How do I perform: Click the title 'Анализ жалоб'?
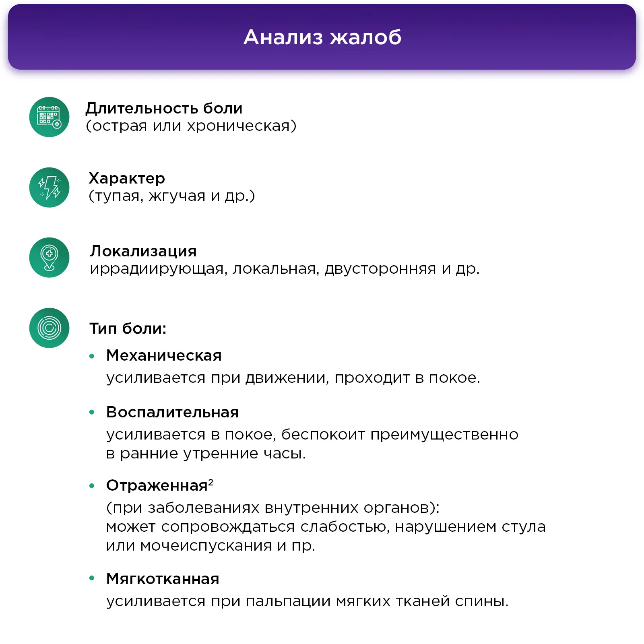322,37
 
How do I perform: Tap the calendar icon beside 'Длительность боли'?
49,117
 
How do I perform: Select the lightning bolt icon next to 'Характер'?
49,188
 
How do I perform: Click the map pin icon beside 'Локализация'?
49,258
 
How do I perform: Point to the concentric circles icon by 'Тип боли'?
49,328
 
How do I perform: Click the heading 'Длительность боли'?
164,109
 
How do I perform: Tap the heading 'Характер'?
127,178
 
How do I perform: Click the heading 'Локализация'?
143,251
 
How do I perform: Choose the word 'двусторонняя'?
380,269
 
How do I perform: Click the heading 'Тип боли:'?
128,328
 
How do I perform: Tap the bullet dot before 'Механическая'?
92,356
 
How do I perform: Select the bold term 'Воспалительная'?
173,412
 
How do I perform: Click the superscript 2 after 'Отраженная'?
211,481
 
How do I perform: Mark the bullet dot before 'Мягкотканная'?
92,578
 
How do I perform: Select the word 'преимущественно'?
444,435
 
